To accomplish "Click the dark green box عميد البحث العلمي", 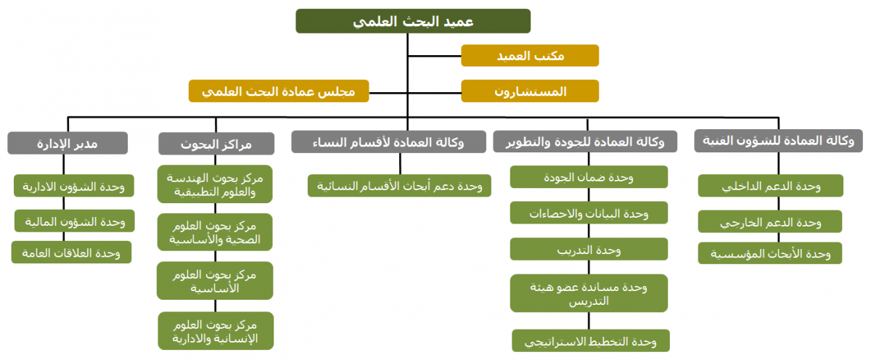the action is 413,21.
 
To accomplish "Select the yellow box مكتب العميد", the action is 530,56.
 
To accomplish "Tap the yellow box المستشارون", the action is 530,91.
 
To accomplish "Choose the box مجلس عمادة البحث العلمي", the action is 279,91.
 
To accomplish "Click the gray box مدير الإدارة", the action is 68,143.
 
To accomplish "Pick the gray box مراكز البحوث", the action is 216,144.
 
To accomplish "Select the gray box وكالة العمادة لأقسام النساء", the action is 388,142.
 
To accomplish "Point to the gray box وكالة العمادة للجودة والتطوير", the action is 585,142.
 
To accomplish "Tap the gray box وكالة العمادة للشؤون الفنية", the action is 778,141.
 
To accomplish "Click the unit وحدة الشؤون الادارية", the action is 74,186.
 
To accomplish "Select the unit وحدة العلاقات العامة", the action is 71,253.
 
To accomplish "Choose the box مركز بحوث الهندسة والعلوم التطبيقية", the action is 215,184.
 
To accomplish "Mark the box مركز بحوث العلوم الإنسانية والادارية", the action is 216,331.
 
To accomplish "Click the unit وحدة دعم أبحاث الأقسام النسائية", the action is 399,185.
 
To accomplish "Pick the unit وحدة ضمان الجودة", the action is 589,177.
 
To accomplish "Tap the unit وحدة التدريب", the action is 589,249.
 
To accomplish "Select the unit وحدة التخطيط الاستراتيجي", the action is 591,340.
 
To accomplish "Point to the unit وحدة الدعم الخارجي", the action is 770,221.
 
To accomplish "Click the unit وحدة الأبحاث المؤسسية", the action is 770,253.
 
